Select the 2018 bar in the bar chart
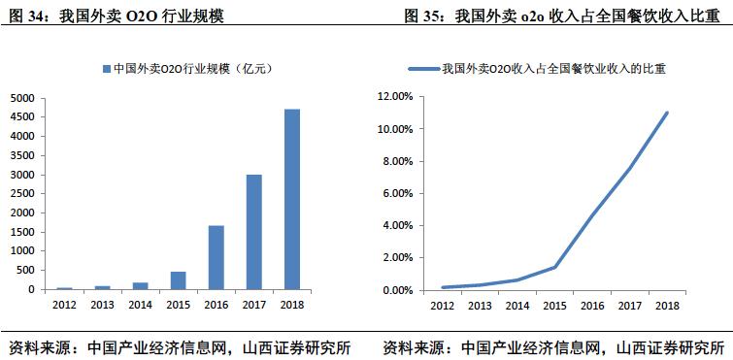pyautogui.click(x=291, y=199)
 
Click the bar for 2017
pyautogui.click(x=253, y=232)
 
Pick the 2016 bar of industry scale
pyautogui.click(x=216, y=257)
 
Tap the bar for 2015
pyautogui.click(x=179, y=280)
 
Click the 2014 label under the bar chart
pyautogui.click(x=141, y=305)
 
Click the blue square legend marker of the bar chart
pyautogui.click(x=106, y=69)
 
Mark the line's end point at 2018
pyautogui.click(x=668, y=113)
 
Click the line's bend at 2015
pyautogui.click(x=555, y=267)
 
